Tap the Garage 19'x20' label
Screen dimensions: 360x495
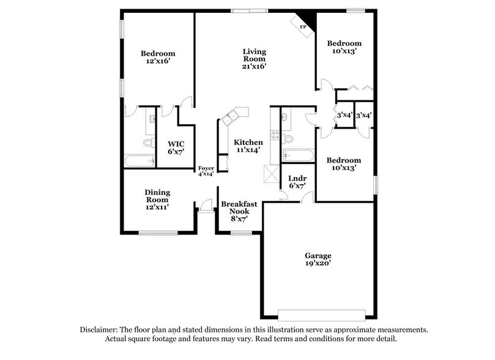coord(318,260)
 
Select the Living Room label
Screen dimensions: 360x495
coord(254,59)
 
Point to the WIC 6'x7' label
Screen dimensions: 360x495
coord(176,148)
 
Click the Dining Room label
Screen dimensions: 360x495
coord(157,200)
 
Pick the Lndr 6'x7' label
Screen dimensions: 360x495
coord(297,181)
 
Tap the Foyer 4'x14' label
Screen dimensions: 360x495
coord(206,171)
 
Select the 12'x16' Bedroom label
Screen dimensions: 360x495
coord(158,58)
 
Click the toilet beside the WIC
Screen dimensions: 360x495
coord(147,143)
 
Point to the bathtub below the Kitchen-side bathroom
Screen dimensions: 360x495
coord(298,156)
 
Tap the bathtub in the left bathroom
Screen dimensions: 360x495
coord(140,161)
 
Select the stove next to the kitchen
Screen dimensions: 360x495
coord(275,135)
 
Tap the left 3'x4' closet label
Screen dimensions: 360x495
coord(345,115)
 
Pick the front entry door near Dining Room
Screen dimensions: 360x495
coord(206,208)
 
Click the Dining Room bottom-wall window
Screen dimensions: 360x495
coord(158,233)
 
